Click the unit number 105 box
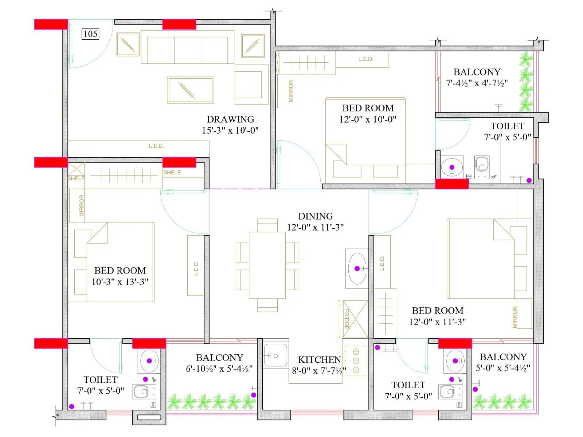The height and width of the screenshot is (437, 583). coord(90,34)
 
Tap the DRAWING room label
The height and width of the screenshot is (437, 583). coord(230,119)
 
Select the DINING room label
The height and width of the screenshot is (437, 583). coord(315,216)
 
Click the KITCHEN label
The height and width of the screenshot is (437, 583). coord(319,360)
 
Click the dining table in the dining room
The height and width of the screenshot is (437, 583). coord(267,265)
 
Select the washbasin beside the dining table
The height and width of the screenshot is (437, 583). coord(357,269)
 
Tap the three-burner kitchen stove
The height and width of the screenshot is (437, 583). coord(356,361)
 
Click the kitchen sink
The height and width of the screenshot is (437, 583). coord(275,355)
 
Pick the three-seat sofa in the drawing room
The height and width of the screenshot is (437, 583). coord(187,47)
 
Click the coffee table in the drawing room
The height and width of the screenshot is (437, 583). coord(190,90)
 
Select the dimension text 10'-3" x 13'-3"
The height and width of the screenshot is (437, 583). coord(120,282)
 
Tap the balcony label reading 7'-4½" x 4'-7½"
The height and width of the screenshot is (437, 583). coord(477,83)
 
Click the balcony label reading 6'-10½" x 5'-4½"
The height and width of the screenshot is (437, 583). coord(219,369)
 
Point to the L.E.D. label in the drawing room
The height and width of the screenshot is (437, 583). coord(156,146)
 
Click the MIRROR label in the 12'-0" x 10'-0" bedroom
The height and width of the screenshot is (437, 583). coord(291,91)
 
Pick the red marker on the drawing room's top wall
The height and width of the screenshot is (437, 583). coord(179,24)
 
